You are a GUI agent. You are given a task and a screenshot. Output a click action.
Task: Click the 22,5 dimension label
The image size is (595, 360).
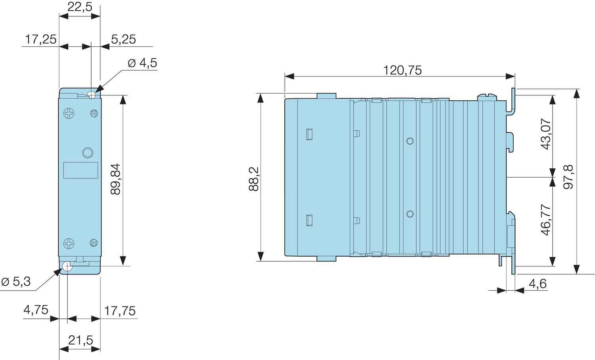[x=80, y=7]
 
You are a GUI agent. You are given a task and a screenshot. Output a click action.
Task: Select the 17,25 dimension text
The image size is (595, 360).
[x=40, y=39]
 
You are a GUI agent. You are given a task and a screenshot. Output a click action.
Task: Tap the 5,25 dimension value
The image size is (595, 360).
[x=123, y=39]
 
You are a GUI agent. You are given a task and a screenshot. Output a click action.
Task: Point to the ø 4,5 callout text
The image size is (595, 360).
[x=142, y=63]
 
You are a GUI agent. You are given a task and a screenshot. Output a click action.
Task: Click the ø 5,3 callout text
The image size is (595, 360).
[x=16, y=282]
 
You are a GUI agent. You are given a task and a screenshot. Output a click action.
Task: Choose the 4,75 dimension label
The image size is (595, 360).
[x=36, y=310]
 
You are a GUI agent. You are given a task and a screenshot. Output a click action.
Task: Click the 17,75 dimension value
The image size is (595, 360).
[x=120, y=311]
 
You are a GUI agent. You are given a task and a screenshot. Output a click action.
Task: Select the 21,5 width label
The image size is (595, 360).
[x=81, y=340]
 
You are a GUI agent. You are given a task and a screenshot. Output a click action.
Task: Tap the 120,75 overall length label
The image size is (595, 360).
[x=402, y=70]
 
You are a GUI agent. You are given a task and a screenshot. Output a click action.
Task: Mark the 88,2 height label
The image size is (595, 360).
[x=254, y=179]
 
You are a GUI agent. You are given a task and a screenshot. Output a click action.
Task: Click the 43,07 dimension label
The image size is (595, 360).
[x=546, y=134]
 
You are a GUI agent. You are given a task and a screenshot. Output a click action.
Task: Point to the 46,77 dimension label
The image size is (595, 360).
[x=546, y=220]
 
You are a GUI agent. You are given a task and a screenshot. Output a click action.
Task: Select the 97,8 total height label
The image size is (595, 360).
[x=569, y=177]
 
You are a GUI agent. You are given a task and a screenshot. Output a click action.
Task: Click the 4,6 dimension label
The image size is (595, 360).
[x=537, y=284]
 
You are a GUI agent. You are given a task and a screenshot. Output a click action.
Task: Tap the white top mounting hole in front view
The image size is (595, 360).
[x=92, y=95]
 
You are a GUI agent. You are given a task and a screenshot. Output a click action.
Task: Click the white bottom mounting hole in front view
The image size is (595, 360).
[x=67, y=266]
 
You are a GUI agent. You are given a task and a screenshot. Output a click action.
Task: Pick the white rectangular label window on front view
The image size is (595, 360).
[x=81, y=170]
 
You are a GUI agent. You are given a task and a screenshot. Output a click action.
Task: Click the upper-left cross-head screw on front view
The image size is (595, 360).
[x=69, y=114]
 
